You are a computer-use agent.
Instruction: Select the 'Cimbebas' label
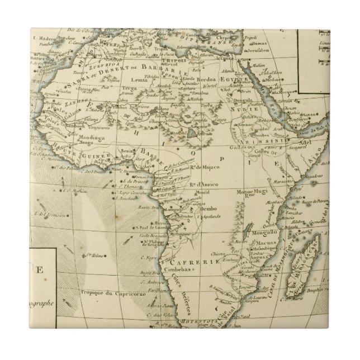178,268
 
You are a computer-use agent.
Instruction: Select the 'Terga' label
130,88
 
